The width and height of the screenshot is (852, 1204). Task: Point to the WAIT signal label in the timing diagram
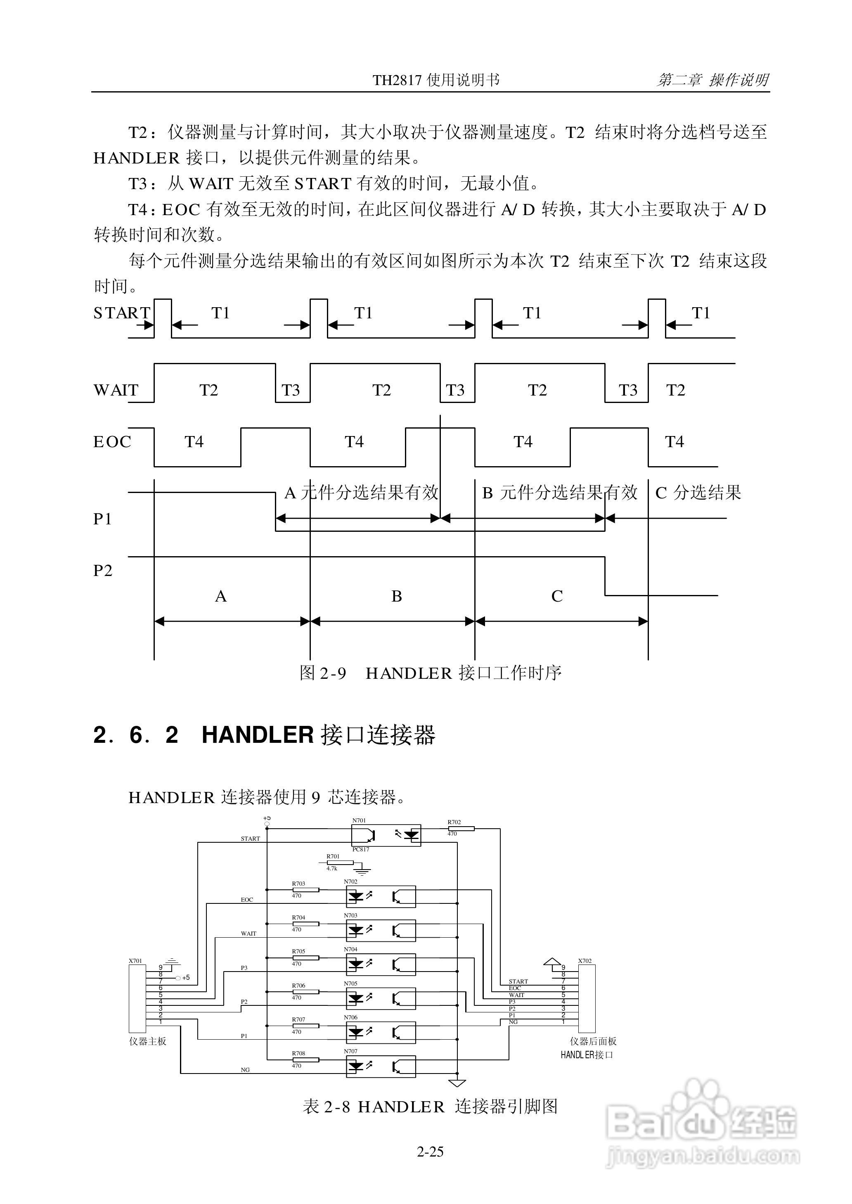click(x=116, y=390)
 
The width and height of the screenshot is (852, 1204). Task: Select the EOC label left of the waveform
click(x=112, y=442)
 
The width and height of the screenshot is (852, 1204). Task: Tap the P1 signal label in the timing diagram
click(x=103, y=519)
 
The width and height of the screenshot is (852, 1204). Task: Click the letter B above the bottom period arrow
click(x=397, y=597)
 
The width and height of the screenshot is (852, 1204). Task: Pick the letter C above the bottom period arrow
click(x=556, y=597)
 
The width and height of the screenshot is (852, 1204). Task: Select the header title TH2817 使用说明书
click(x=436, y=80)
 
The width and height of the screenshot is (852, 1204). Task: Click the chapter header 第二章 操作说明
click(x=712, y=80)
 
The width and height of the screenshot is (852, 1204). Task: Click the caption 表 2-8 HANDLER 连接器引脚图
click(x=430, y=1107)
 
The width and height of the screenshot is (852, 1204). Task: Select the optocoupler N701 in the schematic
click(x=386, y=835)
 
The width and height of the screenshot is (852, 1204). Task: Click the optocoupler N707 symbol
click(x=381, y=1067)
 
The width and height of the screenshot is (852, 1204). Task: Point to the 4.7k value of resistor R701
click(x=331, y=868)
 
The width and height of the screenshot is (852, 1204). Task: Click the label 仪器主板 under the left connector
click(x=147, y=1041)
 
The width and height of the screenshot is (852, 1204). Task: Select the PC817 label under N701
click(x=360, y=849)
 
